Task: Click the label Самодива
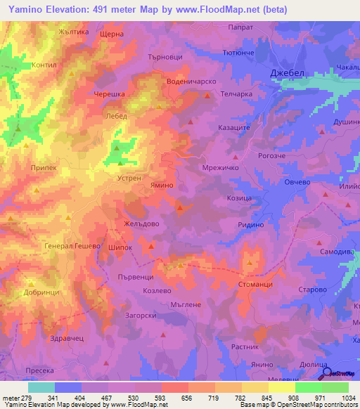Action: [334, 251]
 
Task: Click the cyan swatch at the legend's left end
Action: [41, 387]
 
